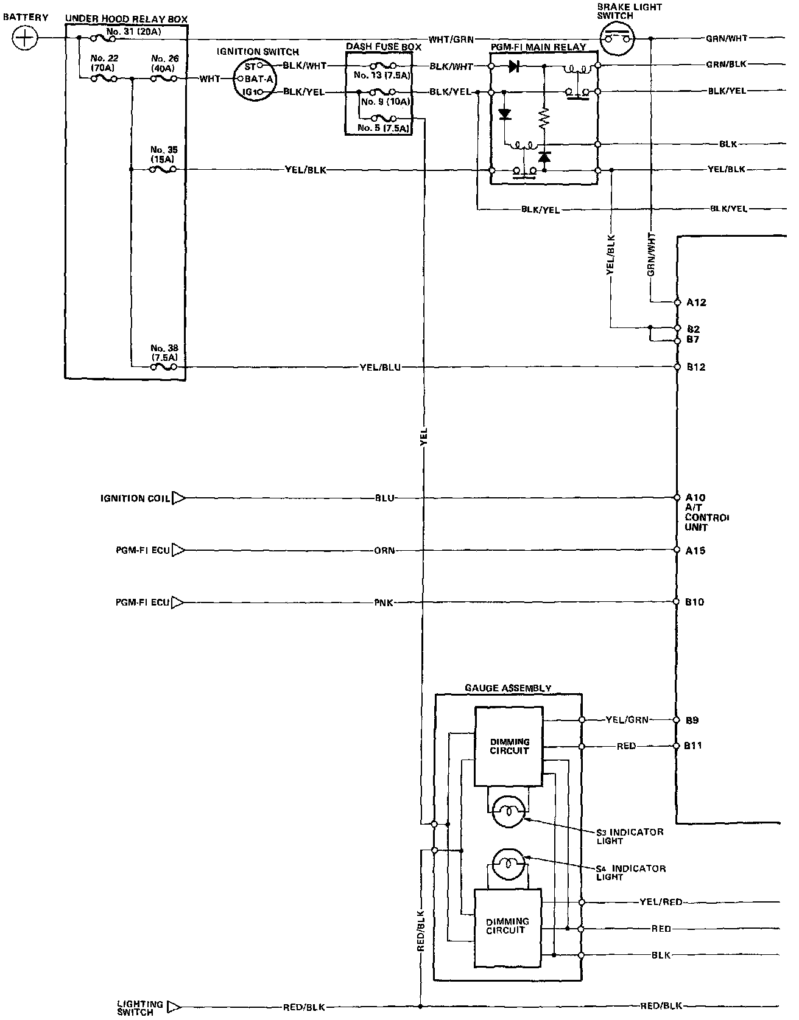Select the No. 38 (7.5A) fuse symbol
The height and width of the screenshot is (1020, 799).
[163, 367]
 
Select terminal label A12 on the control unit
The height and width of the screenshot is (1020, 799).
[696, 302]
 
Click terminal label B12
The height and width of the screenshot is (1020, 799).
[696, 367]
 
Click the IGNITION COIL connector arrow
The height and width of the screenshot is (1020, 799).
[178, 498]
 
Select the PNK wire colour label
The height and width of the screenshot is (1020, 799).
[384, 603]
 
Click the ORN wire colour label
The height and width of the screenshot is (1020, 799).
[384, 551]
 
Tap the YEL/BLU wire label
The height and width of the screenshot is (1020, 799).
[381, 368]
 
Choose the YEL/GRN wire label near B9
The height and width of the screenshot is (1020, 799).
[628, 720]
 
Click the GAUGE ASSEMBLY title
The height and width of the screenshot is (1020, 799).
[508, 688]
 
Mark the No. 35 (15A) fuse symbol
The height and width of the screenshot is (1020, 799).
[163, 170]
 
